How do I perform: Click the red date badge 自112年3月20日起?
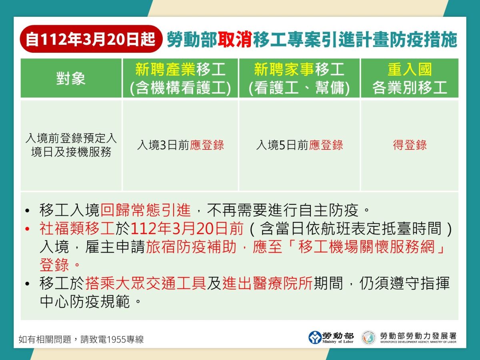tap(91, 39)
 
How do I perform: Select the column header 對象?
tap(71, 78)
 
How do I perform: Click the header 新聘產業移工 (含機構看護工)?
tap(180, 78)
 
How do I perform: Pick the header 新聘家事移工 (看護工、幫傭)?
tap(299, 78)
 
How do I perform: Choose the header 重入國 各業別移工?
tap(410, 78)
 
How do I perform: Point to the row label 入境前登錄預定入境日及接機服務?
tap(71, 145)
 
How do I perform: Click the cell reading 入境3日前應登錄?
tap(180, 145)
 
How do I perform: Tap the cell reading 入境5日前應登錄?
tap(299, 145)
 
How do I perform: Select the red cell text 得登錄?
tap(410, 145)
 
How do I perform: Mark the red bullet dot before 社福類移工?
tap(27, 229)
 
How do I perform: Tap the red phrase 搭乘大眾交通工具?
tap(146, 284)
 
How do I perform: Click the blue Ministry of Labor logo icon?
tap(315, 338)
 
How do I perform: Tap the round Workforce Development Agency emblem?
tap(369, 338)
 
